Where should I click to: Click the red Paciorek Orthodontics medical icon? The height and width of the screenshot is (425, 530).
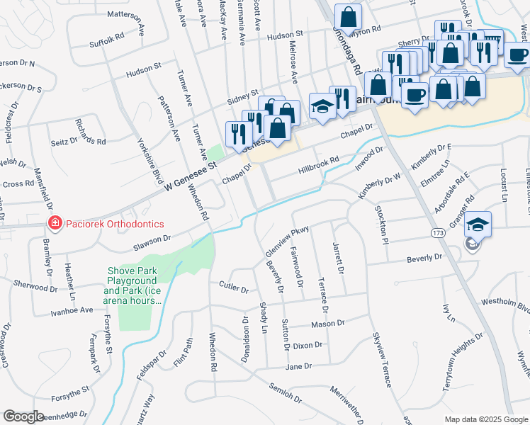tap(54, 224)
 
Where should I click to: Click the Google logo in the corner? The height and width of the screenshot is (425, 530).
tap(23, 416)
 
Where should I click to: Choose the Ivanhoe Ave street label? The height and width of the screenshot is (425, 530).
tap(72, 310)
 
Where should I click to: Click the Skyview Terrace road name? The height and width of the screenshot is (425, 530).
tap(380, 362)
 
